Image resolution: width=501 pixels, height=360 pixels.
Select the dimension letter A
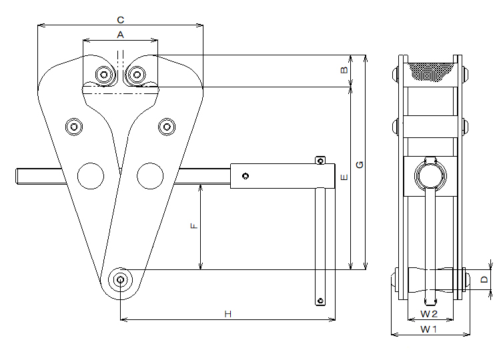click(120, 33)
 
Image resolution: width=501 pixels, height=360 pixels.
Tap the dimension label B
click(344, 70)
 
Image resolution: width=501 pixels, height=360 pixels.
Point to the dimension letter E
click(344, 178)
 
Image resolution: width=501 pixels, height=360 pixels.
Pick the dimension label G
click(360, 163)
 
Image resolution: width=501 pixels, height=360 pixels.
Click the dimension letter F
click(194, 226)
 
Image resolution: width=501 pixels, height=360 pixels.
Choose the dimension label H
click(227, 313)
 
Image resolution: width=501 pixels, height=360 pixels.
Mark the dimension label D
click(484, 281)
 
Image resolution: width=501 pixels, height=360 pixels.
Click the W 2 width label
click(429, 313)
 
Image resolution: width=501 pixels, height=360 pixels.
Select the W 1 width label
click(429, 329)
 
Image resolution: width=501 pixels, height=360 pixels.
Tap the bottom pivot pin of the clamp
click(121, 280)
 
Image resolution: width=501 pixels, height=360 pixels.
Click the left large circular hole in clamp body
click(91, 175)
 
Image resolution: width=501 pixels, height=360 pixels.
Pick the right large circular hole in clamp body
click(150, 175)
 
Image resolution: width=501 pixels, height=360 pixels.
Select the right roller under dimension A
click(139, 74)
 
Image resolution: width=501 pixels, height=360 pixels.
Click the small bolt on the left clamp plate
click(73, 126)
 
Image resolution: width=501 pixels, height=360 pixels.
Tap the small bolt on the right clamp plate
click(167, 126)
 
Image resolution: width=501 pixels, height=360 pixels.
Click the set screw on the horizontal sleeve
click(246, 176)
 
